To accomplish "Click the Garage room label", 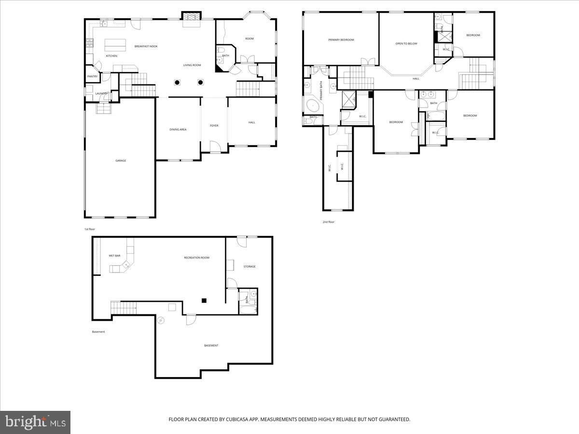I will [121, 161].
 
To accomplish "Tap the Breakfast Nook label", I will [146, 46].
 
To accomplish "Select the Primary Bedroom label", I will [341, 40].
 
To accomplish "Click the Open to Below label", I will [406, 44].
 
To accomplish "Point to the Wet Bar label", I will [114, 256].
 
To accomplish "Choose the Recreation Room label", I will [196, 258].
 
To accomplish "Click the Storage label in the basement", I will [249, 266].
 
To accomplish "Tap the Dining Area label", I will [178, 129].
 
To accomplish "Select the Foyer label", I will [214, 126].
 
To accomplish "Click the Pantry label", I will [92, 76].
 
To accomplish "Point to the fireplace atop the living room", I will [191, 16].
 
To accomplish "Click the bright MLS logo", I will [35, 422].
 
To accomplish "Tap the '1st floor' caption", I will [89, 229].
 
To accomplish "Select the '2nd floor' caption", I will [329, 222].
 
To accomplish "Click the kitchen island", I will [115, 44].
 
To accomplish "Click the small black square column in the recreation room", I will [204, 300].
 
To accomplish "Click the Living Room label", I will [192, 65].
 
